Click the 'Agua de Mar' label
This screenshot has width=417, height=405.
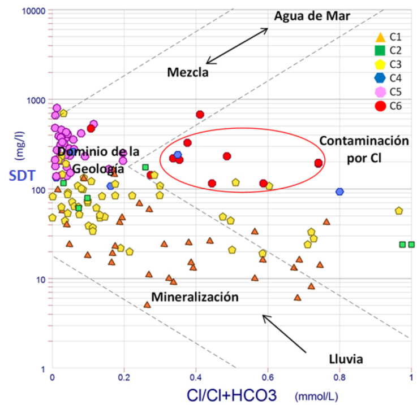(x=313, y=15)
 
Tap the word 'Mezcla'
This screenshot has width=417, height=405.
(x=188, y=72)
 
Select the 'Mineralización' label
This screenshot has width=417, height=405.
(x=195, y=297)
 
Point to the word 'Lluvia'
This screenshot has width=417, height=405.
(x=346, y=359)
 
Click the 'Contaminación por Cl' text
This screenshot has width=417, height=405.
(x=363, y=149)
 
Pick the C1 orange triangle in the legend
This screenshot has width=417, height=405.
(x=381, y=38)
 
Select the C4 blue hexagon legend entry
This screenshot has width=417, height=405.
(x=381, y=78)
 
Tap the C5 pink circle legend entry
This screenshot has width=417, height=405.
(x=381, y=92)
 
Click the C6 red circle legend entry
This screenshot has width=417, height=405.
(x=381, y=105)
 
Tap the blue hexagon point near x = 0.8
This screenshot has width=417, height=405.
(x=339, y=191)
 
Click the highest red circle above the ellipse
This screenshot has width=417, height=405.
(x=200, y=114)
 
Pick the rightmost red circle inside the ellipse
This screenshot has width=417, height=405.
(x=319, y=163)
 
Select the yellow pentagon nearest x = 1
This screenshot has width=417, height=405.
(x=399, y=211)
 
